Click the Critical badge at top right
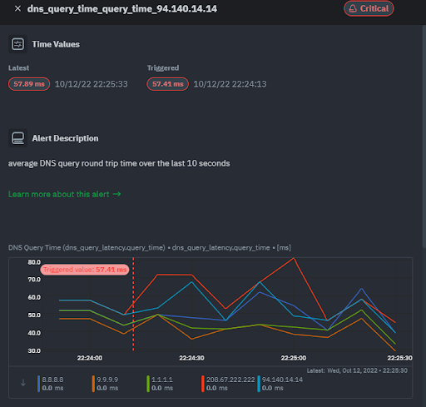pos(369,8)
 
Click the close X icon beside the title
pos(17,8)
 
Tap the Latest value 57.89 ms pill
pos(29,84)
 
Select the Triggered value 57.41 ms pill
pos(167,84)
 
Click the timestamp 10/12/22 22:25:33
pos(91,84)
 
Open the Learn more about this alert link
pos(64,194)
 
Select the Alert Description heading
pos(65,138)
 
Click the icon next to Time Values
pos(17,44)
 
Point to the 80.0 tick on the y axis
pos(34,262)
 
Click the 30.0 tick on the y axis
pos(34,350)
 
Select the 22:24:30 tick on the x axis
pos(191,358)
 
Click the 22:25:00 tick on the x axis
pos(293,358)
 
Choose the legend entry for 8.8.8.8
pos(52,379)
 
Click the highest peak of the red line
pos(294,258)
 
